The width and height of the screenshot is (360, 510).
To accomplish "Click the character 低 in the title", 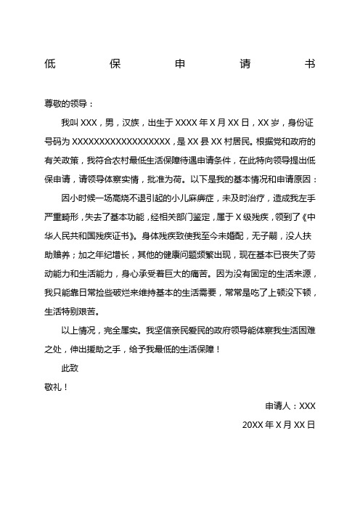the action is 49,64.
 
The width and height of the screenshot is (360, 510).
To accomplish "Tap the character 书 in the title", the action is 310,64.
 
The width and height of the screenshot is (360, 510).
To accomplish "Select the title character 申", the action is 180,64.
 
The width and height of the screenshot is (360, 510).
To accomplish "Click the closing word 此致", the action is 70,368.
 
